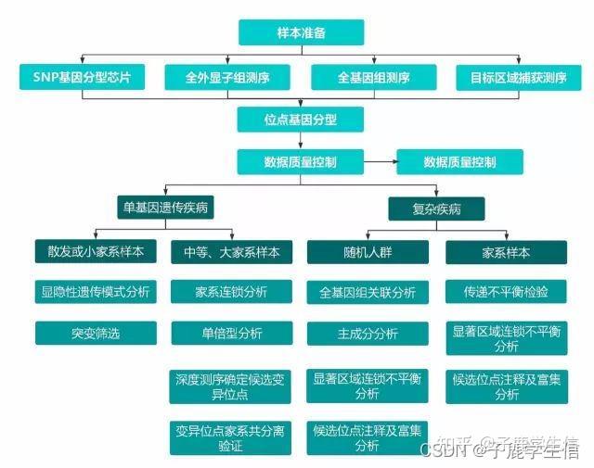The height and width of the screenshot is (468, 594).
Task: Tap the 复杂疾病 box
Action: click(436, 209)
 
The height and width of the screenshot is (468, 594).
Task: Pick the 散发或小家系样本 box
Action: click(96, 252)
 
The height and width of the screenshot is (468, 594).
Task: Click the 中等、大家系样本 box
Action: click(231, 252)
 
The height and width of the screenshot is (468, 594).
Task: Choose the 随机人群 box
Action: click(368, 252)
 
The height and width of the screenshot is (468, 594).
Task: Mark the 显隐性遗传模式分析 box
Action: click(96, 292)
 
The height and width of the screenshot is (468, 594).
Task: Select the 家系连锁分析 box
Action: click(231, 292)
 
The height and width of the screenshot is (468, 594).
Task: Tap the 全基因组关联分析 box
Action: click(368, 292)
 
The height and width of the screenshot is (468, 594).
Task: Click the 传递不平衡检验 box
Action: click(506, 292)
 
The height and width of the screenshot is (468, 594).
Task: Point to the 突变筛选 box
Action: click(96, 333)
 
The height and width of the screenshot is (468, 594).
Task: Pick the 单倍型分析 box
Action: click(231, 333)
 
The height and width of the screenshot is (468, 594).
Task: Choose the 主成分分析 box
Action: click(368, 333)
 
